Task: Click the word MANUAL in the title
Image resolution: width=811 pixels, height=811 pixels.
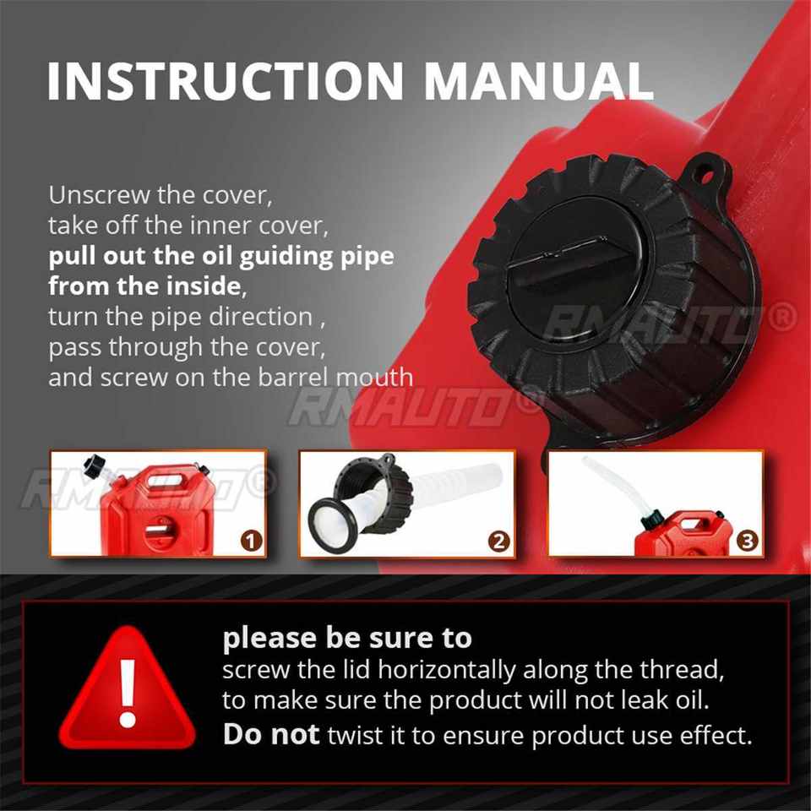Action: (538, 81)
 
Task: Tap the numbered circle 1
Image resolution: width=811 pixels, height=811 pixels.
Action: (252, 541)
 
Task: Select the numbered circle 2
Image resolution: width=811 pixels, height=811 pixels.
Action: (498, 541)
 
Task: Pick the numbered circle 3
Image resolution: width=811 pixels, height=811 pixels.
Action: (748, 541)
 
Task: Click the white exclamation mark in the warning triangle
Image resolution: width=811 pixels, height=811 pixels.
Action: (128, 693)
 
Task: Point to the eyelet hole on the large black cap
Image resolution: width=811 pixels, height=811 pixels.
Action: (706, 177)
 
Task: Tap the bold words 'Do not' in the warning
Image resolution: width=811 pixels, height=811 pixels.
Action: (271, 734)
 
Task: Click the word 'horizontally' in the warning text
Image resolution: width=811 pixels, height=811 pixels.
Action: (447, 670)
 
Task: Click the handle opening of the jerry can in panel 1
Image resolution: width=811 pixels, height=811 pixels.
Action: (166, 481)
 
